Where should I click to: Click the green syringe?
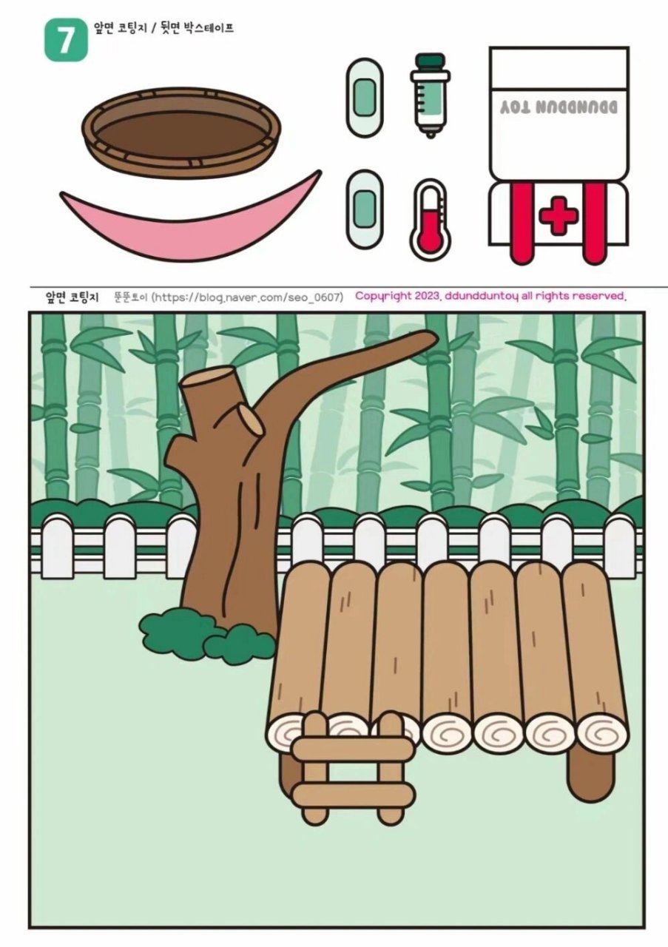click(x=430, y=95)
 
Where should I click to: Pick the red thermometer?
click(x=430, y=220)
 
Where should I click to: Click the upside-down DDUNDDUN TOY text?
click(x=559, y=107)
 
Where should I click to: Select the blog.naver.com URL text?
click(x=247, y=297)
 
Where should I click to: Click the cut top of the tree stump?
click(x=207, y=375)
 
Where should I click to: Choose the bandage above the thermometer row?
click(x=365, y=97)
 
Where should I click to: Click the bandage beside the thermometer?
click(x=365, y=209)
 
